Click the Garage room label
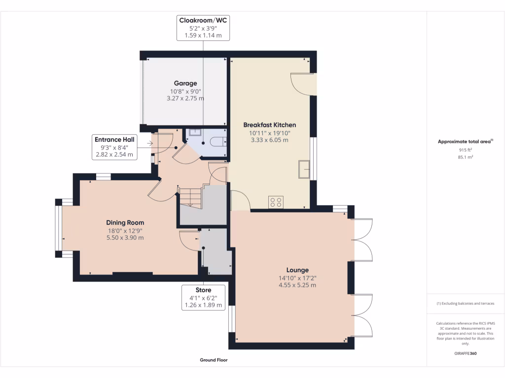tap(185, 83)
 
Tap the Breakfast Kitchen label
tap(270, 125)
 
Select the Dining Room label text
tap(125, 222)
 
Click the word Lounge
tap(297, 270)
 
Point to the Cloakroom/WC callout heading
tap(203, 20)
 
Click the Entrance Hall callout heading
tap(114, 139)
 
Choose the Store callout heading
tap(203, 290)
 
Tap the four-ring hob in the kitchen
tap(276, 202)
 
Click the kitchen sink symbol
tap(304, 169)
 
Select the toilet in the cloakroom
tap(218, 141)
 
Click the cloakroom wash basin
tap(195, 132)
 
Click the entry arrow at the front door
tap(150, 143)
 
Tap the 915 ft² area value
tap(466, 150)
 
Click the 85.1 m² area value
tap(466, 157)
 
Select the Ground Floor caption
tap(214, 360)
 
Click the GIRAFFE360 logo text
tap(466, 353)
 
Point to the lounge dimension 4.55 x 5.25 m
tap(297, 285)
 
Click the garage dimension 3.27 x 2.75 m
tap(185, 98)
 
